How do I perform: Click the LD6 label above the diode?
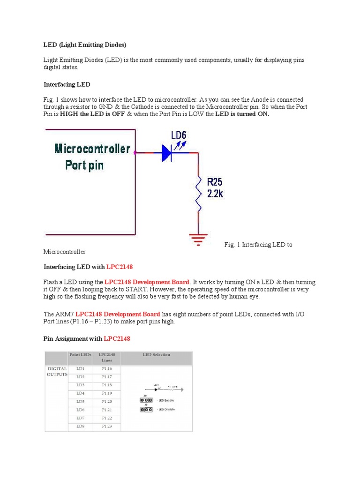point(179,135)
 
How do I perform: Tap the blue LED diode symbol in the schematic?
point(168,153)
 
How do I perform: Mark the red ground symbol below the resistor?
point(198,239)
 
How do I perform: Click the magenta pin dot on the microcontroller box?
point(135,152)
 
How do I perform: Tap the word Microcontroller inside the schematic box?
point(92,149)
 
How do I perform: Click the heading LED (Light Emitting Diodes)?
point(85,45)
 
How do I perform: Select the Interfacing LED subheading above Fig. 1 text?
point(67,84)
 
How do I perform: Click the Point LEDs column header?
point(80,355)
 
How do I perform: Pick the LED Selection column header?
point(157,355)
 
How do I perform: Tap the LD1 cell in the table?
point(80,369)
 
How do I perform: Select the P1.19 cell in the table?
point(107,393)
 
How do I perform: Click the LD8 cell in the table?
point(80,426)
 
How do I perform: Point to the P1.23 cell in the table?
point(107,426)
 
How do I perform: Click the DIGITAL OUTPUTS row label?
point(57,372)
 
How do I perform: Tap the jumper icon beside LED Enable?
point(145,400)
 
